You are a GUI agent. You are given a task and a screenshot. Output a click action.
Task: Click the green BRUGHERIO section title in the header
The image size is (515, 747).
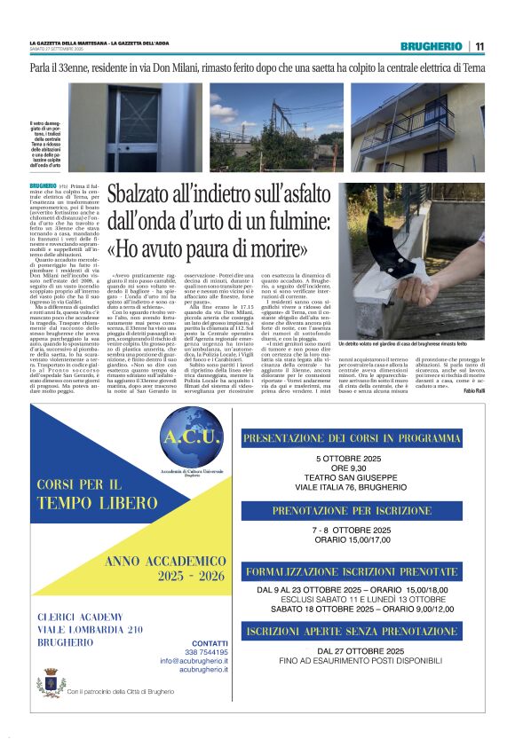[x=431, y=46]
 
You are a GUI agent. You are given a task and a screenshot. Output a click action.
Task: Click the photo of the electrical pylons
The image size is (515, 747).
[x=275, y=128]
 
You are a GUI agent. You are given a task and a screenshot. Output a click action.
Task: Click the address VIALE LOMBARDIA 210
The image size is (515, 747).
[x=90, y=629]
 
